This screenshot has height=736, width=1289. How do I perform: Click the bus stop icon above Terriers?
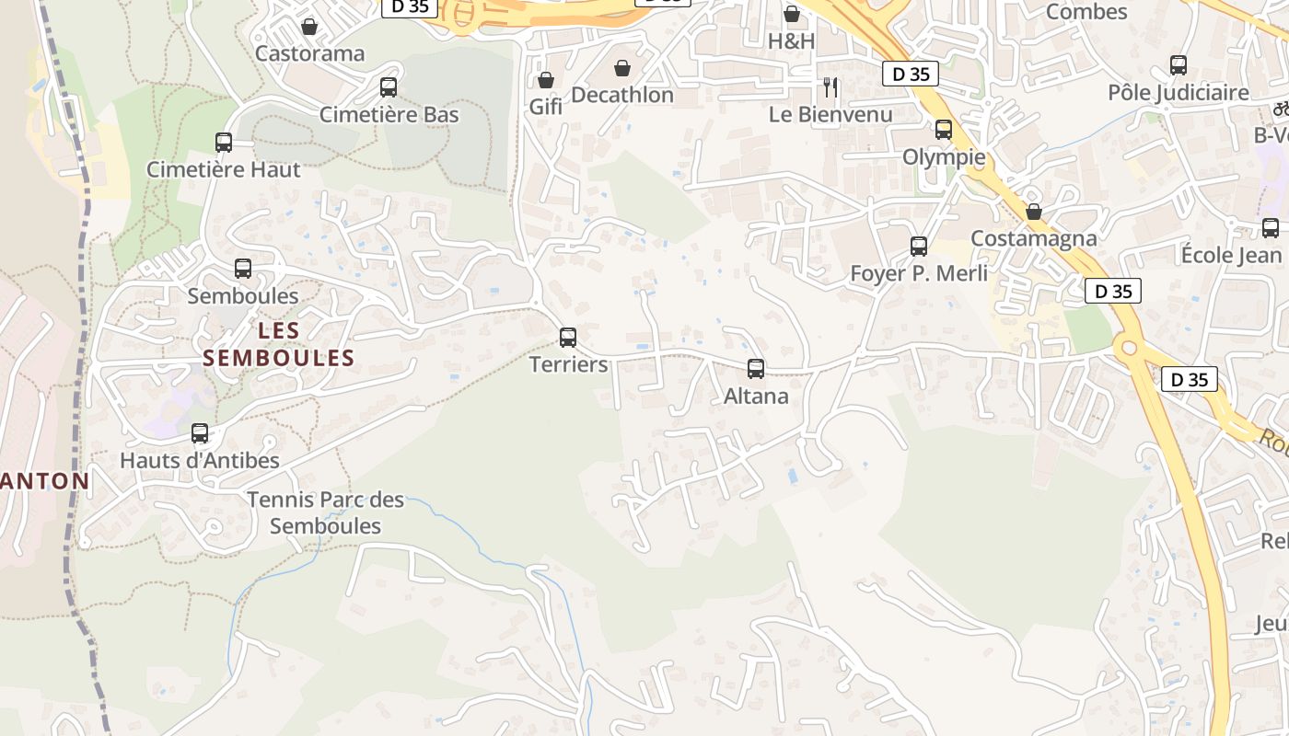pyautogui.click(x=568, y=337)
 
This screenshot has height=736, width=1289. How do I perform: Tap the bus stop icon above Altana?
pyautogui.click(x=756, y=369)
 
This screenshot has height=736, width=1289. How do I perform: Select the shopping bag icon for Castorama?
pyautogui.click(x=309, y=27)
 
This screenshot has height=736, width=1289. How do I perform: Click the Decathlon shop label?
pyautogui.click(x=622, y=95)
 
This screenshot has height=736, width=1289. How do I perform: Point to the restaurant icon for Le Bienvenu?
pyautogui.click(x=830, y=87)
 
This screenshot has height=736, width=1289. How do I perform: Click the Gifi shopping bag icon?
pyautogui.click(x=546, y=80)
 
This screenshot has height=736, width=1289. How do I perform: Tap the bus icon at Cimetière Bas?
pyautogui.click(x=389, y=87)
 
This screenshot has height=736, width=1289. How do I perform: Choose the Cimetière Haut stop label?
pyautogui.click(x=224, y=169)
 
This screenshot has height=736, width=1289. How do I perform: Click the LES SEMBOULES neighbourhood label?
pyautogui.click(x=279, y=344)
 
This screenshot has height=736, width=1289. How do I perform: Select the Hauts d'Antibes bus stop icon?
pyautogui.click(x=200, y=433)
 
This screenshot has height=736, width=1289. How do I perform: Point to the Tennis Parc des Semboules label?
pyautogui.click(x=326, y=513)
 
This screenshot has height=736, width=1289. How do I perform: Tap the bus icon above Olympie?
pyautogui.click(x=944, y=130)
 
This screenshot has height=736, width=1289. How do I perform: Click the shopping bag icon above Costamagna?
pyautogui.click(x=1034, y=212)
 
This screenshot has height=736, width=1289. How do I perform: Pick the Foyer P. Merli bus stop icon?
pyautogui.click(x=919, y=246)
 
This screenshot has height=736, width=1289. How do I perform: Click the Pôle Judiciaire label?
pyautogui.click(x=1179, y=93)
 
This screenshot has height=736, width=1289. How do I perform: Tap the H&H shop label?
pyautogui.click(x=792, y=41)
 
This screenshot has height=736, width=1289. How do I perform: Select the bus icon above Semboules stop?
pyautogui.click(x=243, y=269)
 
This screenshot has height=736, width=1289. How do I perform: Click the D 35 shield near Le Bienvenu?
pyautogui.click(x=911, y=75)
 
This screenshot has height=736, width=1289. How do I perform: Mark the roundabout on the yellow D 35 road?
pyautogui.click(x=1130, y=348)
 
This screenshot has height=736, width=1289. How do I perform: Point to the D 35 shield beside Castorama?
pyautogui.click(x=410, y=7)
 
